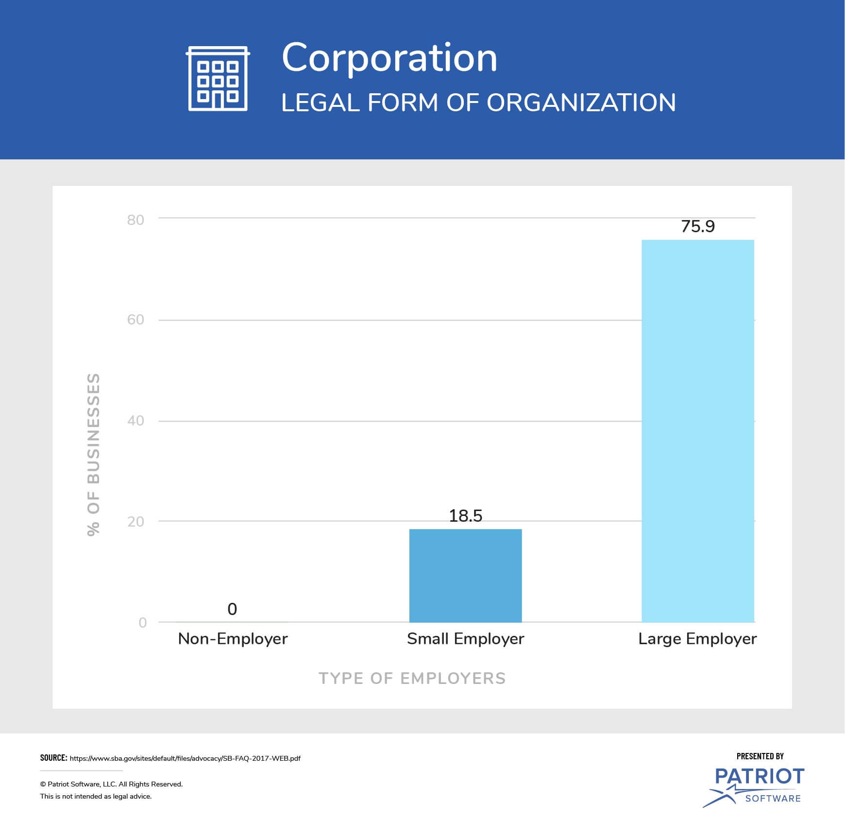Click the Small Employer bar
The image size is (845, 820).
tap(465, 575)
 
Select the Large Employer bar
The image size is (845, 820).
tap(697, 430)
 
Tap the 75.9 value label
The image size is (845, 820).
tap(697, 226)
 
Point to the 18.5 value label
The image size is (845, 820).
tap(465, 515)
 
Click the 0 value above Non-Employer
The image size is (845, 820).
tap(232, 609)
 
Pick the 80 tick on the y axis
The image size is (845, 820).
tap(135, 220)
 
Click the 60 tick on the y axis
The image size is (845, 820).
tap(135, 320)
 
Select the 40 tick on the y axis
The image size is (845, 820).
tap(135, 421)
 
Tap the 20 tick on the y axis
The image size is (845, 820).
tap(135, 521)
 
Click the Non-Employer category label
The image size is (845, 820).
tap(233, 638)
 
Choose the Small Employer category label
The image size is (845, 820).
tap(465, 638)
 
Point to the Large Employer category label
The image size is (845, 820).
tap(697, 638)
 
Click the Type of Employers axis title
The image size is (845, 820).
tap(412, 678)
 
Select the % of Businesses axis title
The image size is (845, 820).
tap(93, 454)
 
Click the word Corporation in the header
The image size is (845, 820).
tap(389, 58)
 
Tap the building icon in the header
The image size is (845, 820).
tap(218, 79)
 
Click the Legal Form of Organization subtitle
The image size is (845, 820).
tap(478, 102)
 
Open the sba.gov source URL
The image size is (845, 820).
tap(185, 758)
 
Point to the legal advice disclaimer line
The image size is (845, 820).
tap(96, 796)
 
